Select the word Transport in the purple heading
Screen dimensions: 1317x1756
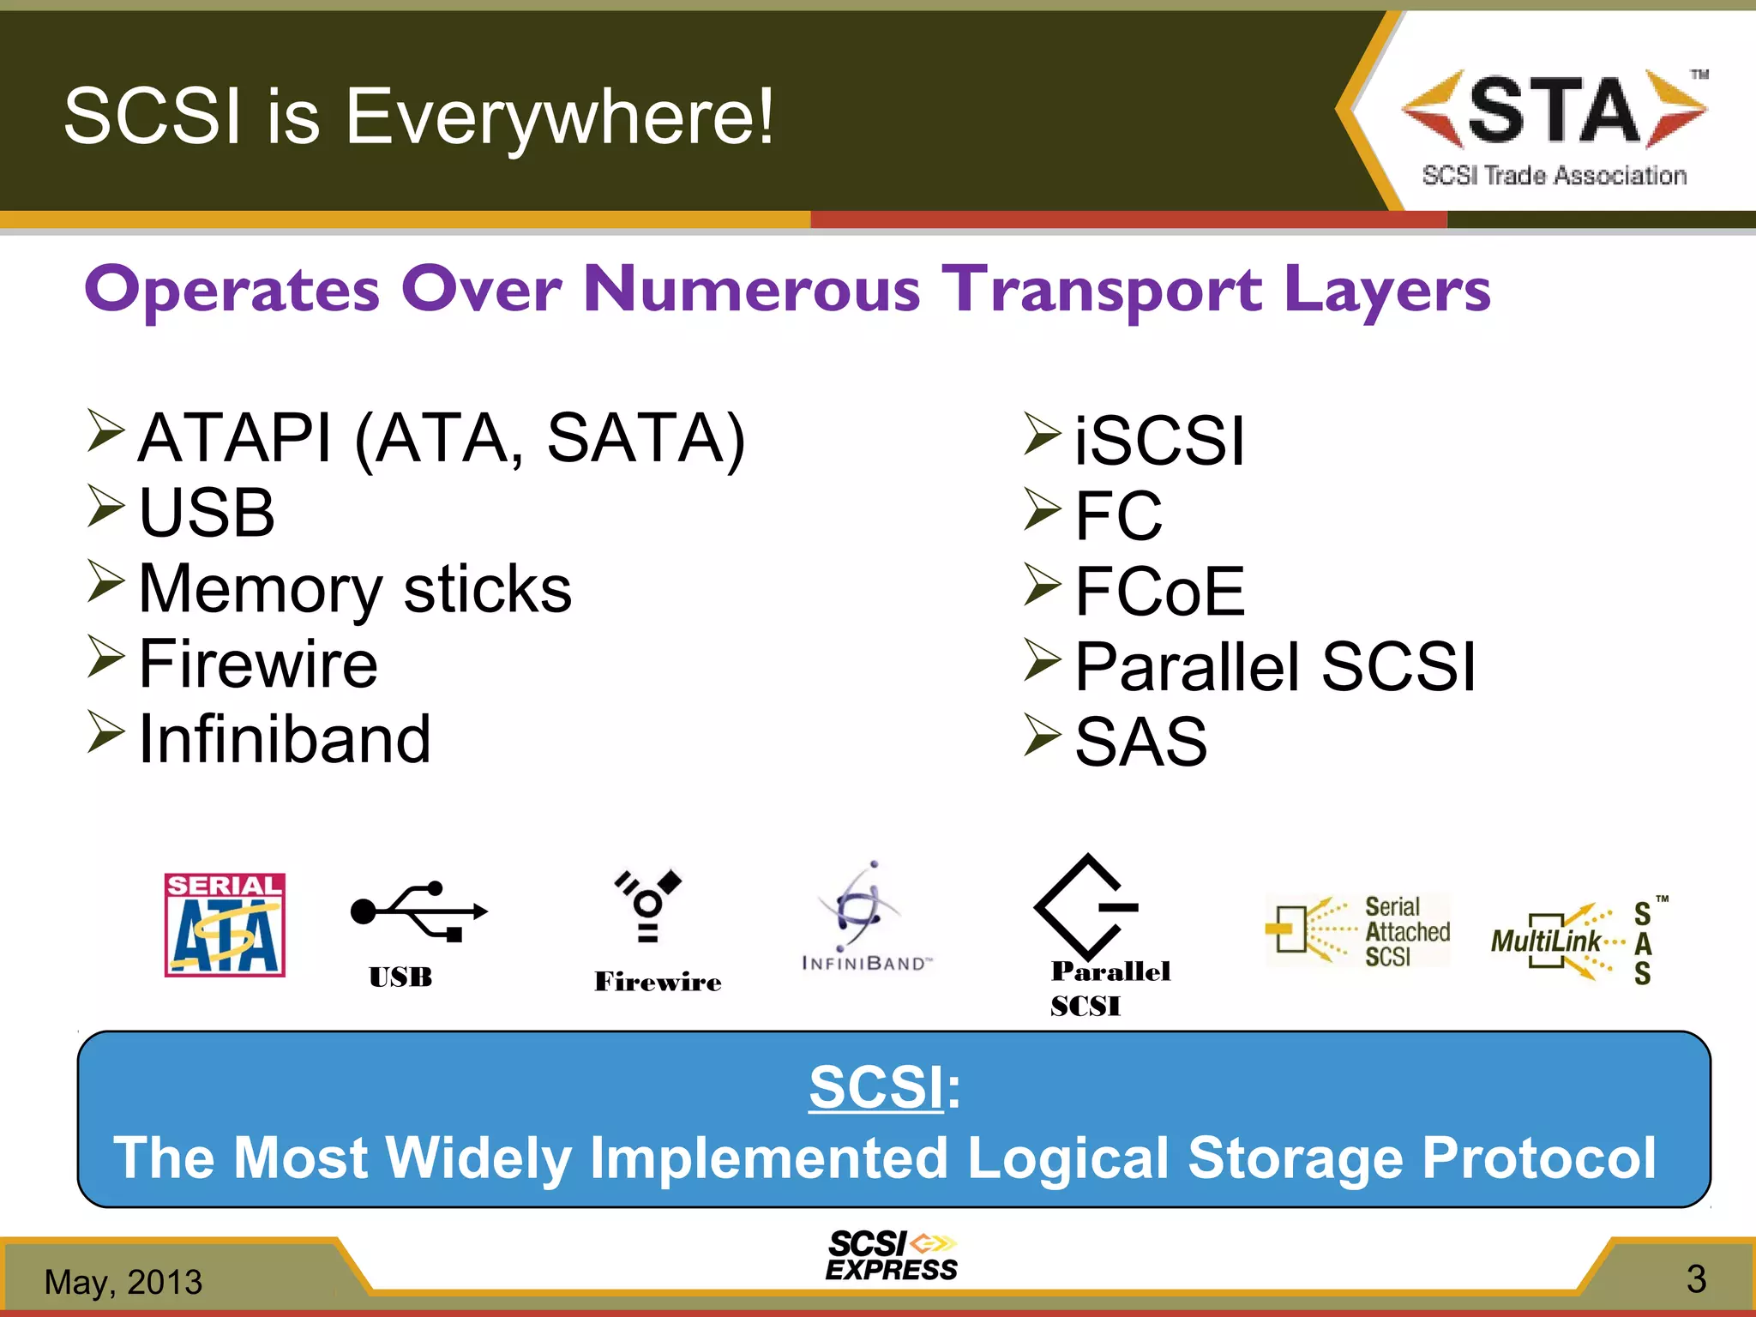click(x=1102, y=289)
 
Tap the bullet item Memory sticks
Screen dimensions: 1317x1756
click(x=354, y=590)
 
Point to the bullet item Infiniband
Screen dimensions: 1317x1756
click(x=285, y=739)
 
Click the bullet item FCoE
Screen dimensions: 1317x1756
click(x=1159, y=592)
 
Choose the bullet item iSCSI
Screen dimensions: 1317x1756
click(x=1159, y=441)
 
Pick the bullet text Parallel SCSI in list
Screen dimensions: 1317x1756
click(x=1275, y=667)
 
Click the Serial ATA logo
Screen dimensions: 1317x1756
click(x=225, y=925)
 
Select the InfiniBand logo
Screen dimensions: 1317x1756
click(x=864, y=917)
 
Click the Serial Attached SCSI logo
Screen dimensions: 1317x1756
click(x=1358, y=930)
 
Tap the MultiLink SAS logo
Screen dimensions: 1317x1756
click(x=1578, y=941)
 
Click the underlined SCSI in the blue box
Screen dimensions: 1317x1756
click(x=876, y=1087)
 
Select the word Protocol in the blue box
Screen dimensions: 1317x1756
click(x=1538, y=1158)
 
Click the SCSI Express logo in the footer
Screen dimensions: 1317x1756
click(x=892, y=1256)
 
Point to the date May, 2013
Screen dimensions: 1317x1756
click(x=123, y=1282)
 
